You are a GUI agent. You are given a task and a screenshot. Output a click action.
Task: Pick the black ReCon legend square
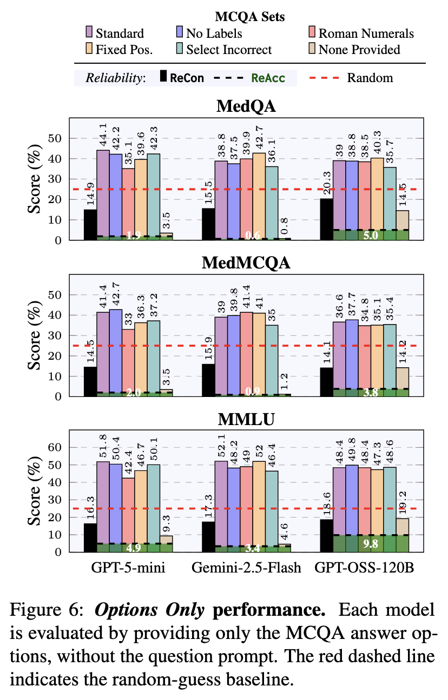(163, 77)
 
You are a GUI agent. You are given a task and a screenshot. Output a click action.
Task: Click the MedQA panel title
(246, 107)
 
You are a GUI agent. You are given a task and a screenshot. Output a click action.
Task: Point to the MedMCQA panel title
(246, 264)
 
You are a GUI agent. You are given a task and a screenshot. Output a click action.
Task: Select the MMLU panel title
(246, 420)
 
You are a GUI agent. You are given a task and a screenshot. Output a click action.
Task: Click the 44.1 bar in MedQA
(103, 194)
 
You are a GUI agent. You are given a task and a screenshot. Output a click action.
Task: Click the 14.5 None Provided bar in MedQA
(402, 225)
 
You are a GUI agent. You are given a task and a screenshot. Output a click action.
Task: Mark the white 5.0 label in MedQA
(370, 235)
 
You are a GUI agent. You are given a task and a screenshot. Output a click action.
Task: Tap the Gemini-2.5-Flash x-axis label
(246, 568)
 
